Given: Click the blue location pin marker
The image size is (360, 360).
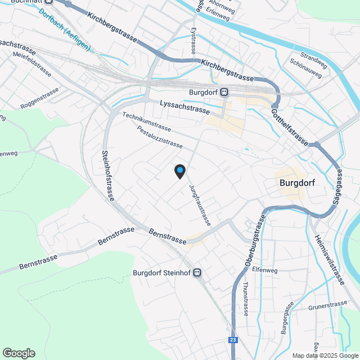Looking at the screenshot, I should [179, 171].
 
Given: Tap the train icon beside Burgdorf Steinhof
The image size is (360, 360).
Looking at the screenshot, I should [197, 273].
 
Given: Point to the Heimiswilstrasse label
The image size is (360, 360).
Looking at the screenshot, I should [329, 259].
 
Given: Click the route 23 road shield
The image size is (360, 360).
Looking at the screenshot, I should [233, 340].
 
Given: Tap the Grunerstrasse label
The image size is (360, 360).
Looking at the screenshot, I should [328, 307].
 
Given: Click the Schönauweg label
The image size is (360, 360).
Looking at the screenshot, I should [307, 68].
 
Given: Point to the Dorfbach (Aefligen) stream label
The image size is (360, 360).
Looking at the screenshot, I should [65, 32].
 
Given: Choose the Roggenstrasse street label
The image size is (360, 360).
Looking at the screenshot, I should [39, 98].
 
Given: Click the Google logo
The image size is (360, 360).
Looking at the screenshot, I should [19, 353].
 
